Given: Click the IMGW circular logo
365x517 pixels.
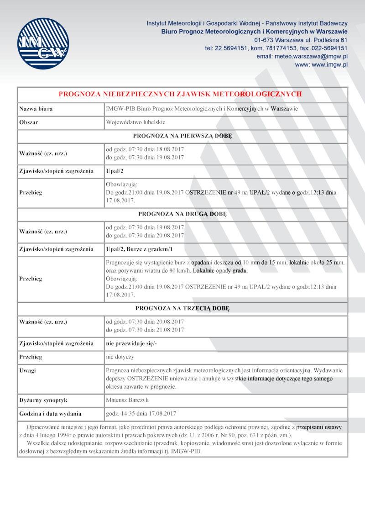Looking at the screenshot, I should click(x=43, y=43).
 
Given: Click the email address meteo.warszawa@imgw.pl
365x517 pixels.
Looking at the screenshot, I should click(x=302, y=56).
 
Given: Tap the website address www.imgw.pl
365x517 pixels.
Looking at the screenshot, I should click(x=321, y=64).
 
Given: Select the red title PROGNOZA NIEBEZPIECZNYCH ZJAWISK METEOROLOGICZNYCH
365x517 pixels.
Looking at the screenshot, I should click(x=180, y=94).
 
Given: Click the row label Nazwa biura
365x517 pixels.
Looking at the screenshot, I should click(x=36, y=109).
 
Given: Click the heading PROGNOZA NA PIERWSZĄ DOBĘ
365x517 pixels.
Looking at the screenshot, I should click(x=182, y=136).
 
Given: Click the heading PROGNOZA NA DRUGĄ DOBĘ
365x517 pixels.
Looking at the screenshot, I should click(x=182, y=213).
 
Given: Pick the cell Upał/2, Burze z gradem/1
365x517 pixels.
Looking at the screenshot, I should click(x=139, y=249).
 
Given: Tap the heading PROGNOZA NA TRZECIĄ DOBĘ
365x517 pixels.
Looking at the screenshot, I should click(x=182, y=308).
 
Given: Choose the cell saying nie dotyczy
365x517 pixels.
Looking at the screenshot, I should click(x=120, y=356).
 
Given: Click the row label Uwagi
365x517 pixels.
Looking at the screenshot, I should click(x=27, y=370).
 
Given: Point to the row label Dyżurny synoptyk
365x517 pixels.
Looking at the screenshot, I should click(x=43, y=400).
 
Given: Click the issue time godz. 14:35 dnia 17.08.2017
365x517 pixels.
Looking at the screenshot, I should click(x=141, y=413).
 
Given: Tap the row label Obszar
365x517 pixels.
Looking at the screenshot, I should click(x=29, y=122).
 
